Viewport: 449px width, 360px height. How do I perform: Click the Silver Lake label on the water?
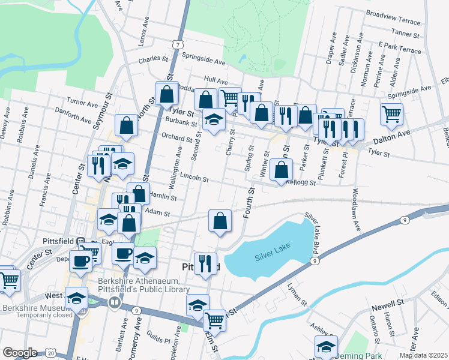click(272, 256)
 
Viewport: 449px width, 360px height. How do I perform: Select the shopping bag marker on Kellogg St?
click(281, 170)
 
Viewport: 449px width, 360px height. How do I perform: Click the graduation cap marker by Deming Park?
click(326, 347)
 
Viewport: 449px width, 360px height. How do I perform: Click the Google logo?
click(20, 353)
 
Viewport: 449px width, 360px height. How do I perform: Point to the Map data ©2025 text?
click(423, 355)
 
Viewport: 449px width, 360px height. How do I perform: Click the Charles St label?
click(153, 59)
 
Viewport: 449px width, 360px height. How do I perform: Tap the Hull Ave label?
click(215, 80)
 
